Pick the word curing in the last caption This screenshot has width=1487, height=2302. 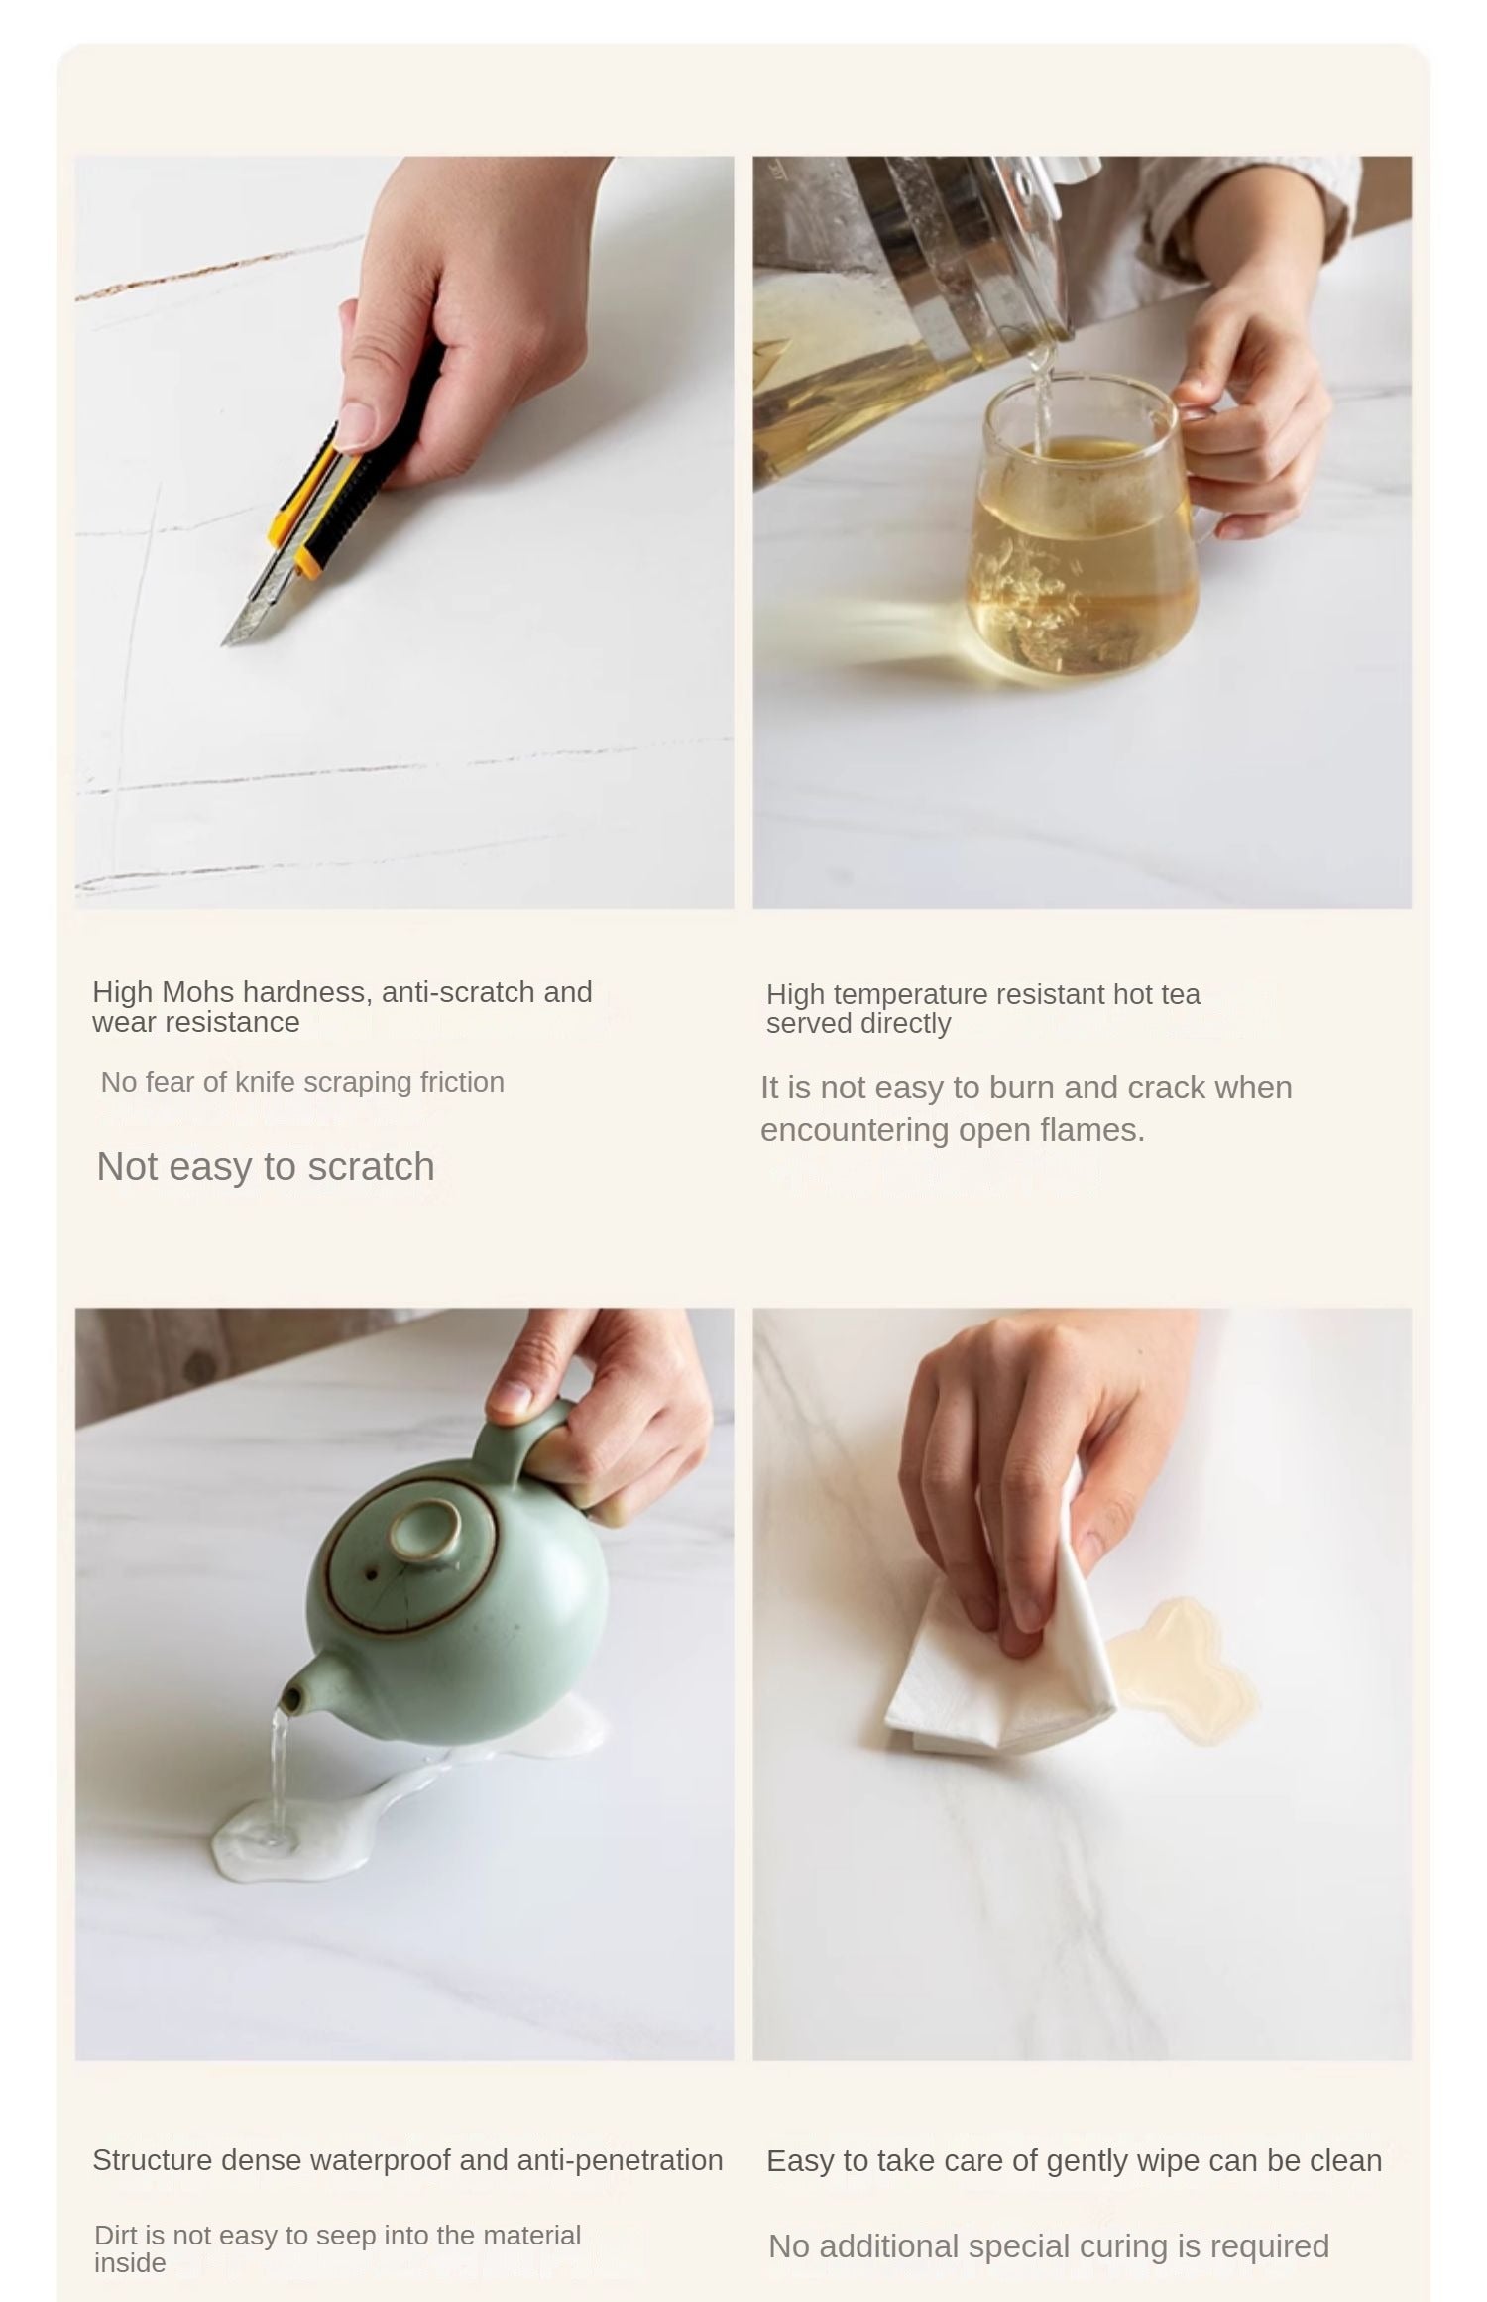[1109, 2246]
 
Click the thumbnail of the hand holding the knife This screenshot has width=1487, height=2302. [404, 532]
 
